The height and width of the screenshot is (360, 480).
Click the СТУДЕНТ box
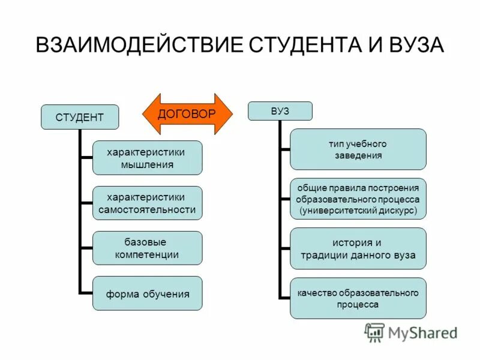(x=79, y=117)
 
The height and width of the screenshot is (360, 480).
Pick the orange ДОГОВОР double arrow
(x=187, y=113)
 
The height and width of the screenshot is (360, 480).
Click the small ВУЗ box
(x=280, y=110)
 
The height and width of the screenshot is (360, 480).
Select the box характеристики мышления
(x=147, y=158)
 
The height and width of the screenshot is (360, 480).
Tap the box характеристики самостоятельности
(x=147, y=203)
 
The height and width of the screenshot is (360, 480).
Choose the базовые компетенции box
(x=147, y=248)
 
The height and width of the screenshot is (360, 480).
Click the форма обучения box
(x=147, y=293)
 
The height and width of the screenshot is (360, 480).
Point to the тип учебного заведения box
(x=358, y=149)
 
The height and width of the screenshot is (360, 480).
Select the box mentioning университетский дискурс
(x=358, y=199)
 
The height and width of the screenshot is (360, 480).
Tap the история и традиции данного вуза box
(x=358, y=249)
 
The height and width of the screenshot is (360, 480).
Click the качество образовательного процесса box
(x=358, y=298)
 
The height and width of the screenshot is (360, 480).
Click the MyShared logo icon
(x=374, y=332)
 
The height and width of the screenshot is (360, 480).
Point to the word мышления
(x=147, y=164)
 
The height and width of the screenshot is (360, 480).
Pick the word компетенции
(x=147, y=255)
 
